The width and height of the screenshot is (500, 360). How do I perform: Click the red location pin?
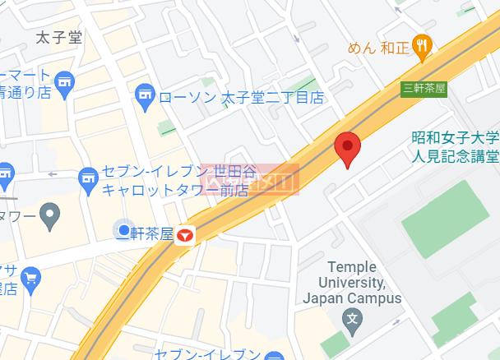349,148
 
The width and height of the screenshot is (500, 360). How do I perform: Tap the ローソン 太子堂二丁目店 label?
241,97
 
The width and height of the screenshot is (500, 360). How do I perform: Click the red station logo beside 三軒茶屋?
186,234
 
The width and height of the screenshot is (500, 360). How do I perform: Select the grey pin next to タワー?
50,218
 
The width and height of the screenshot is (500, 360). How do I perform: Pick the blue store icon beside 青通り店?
65,81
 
